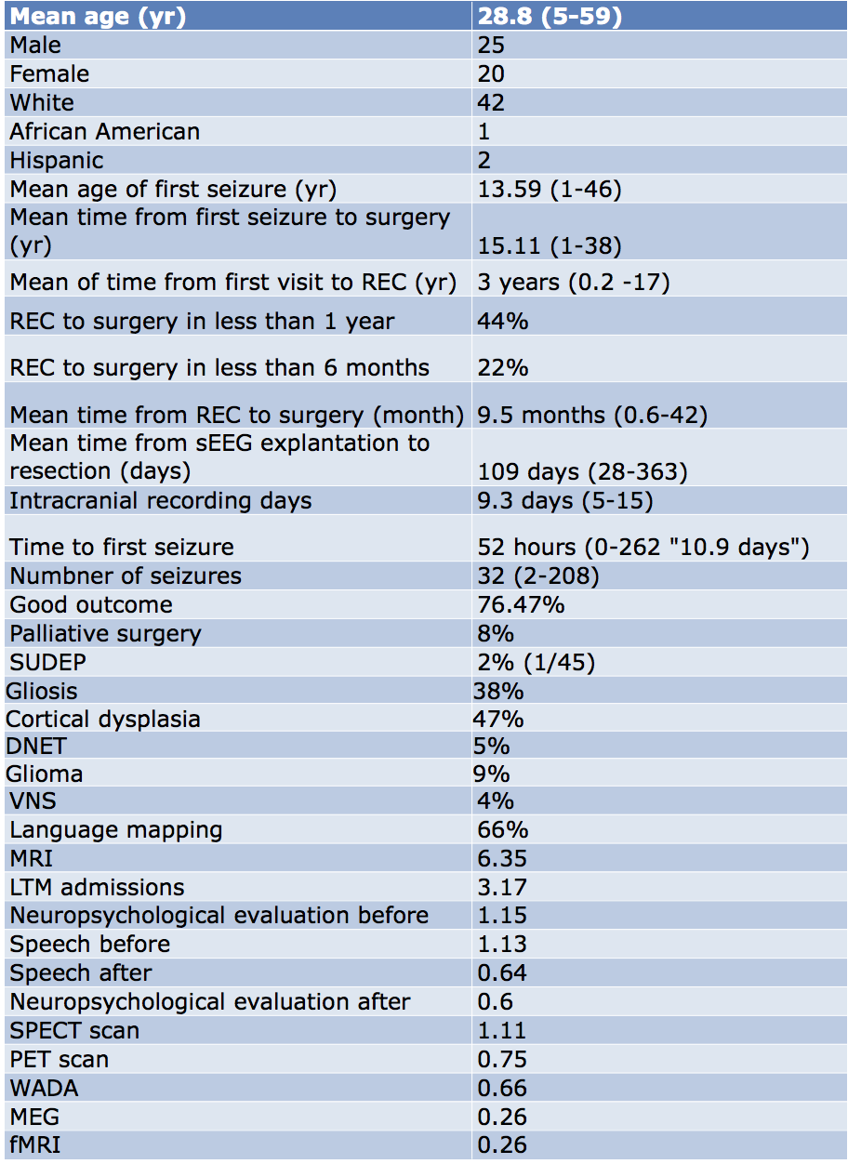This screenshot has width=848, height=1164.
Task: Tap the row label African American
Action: pos(104,131)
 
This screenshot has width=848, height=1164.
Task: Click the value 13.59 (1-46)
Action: pos(549,189)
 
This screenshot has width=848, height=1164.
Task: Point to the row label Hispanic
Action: pos(57,160)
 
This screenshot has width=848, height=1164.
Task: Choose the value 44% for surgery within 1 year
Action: pos(502,321)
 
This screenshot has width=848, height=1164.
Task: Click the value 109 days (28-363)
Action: pos(582,471)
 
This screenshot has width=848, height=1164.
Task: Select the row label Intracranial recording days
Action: pos(160,500)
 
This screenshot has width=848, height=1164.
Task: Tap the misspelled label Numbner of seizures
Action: pos(126,575)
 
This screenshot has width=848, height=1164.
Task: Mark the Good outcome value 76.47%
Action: pos(520,604)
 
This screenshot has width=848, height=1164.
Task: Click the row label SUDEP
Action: pos(46,662)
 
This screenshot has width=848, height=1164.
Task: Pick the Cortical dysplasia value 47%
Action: pos(498,719)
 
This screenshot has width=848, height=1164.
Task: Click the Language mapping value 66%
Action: pos(502,829)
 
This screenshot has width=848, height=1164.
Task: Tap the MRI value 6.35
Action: pos(501,857)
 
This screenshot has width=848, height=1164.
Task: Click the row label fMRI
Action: pos(35,1144)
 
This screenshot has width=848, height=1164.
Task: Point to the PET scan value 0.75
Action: pos(502,1059)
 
